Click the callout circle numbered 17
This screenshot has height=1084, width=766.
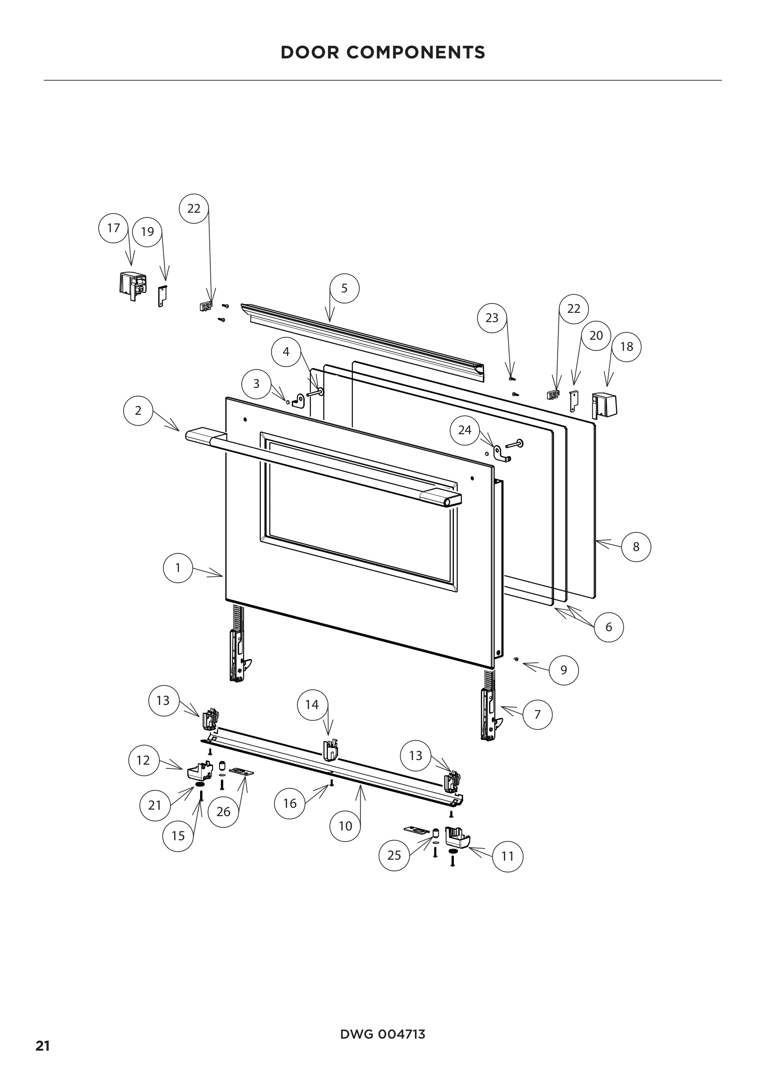tap(113, 228)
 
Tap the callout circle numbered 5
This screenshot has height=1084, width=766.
tap(344, 288)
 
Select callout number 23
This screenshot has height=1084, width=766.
tap(492, 318)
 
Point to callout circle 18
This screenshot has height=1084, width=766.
tap(627, 347)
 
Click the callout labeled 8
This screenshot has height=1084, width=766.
tap(636, 547)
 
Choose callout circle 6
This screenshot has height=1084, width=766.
tap(609, 627)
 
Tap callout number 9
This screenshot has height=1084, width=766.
tap(564, 670)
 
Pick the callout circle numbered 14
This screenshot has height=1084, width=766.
tap(312, 705)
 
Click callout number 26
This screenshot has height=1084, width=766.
tap(223, 811)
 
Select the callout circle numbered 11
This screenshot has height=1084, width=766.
tap(508, 856)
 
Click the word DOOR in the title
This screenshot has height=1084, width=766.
tap(310, 52)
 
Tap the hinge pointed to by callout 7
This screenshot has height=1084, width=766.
tap(488, 715)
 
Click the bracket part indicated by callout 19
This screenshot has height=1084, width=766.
tap(162, 296)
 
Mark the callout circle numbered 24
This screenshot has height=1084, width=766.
tap(465, 430)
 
